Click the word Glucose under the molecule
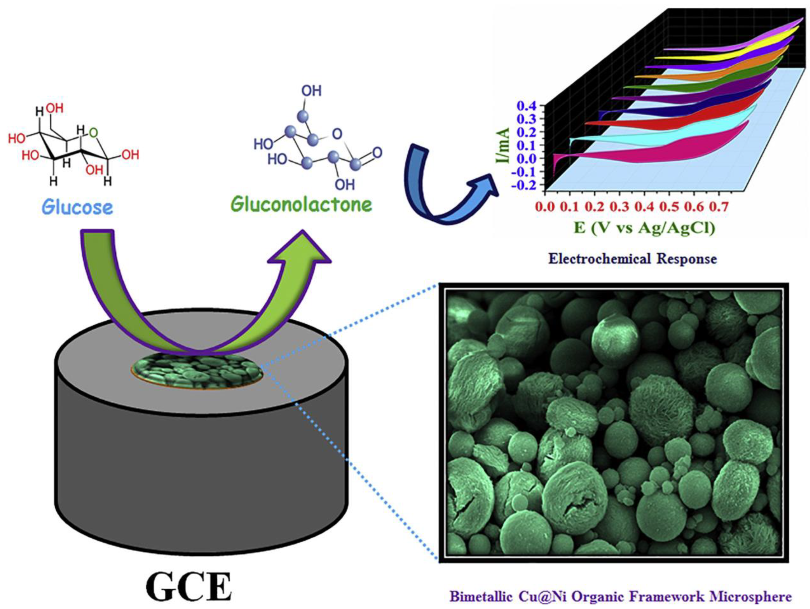tap(77, 207)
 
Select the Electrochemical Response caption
tap(632, 259)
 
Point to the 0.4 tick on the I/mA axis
tap(527, 106)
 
